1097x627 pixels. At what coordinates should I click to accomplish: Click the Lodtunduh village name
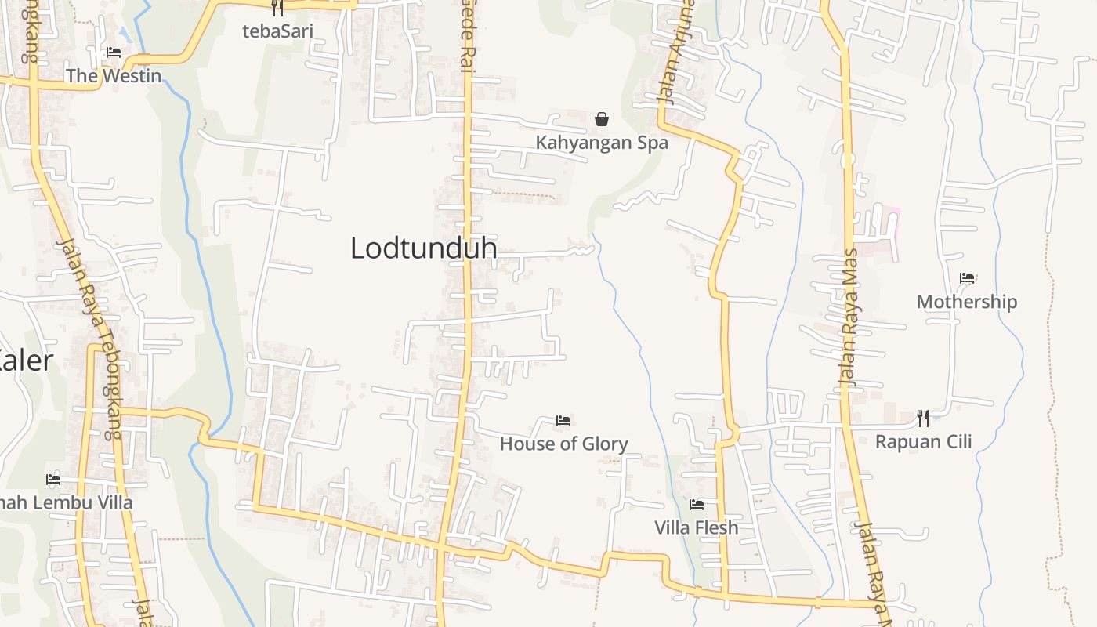click(423, 248)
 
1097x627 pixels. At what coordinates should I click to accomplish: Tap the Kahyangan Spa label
click(602, 143)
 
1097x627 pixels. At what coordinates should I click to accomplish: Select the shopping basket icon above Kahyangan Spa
click(602, 119)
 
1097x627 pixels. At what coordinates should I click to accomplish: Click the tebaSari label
click(277, 31)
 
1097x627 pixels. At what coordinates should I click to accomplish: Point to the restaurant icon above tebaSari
click(277, 9)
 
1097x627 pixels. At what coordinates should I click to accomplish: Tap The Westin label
click(114, 76)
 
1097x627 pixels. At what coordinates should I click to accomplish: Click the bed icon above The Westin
click(114, 53)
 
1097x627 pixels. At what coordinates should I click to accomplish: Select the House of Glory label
click(563, 444)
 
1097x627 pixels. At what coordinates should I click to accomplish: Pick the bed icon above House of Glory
click(563, 421)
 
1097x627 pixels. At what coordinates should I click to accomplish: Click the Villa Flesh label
click(696, 527)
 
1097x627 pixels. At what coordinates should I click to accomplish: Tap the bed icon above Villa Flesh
click(696, 504)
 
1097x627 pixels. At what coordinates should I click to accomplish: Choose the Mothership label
click(967, 302)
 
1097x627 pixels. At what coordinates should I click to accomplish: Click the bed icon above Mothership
click(967, 278)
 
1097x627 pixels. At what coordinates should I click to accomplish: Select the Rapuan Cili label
click(923, 441)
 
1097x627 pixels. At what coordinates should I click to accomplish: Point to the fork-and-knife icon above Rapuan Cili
click(923, 419)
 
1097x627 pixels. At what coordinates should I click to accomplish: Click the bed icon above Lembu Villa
click(53, 479)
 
